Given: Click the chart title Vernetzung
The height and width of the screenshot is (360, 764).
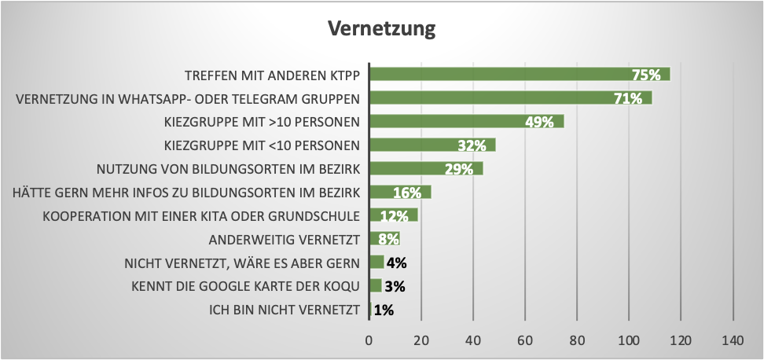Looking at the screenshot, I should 381,29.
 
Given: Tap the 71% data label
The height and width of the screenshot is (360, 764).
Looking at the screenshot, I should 629,98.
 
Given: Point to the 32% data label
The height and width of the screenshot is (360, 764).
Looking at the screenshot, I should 472,145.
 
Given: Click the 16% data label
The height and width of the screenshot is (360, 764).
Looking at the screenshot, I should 407,193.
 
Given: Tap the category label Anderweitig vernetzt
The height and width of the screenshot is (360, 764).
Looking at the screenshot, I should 285,239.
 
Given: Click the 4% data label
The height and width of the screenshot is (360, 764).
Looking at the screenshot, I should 396,263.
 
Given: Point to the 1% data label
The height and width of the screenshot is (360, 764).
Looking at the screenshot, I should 384,310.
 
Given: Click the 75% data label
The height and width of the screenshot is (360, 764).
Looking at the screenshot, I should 646,75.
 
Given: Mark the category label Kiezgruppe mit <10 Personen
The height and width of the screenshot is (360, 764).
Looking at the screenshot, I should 262,145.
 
